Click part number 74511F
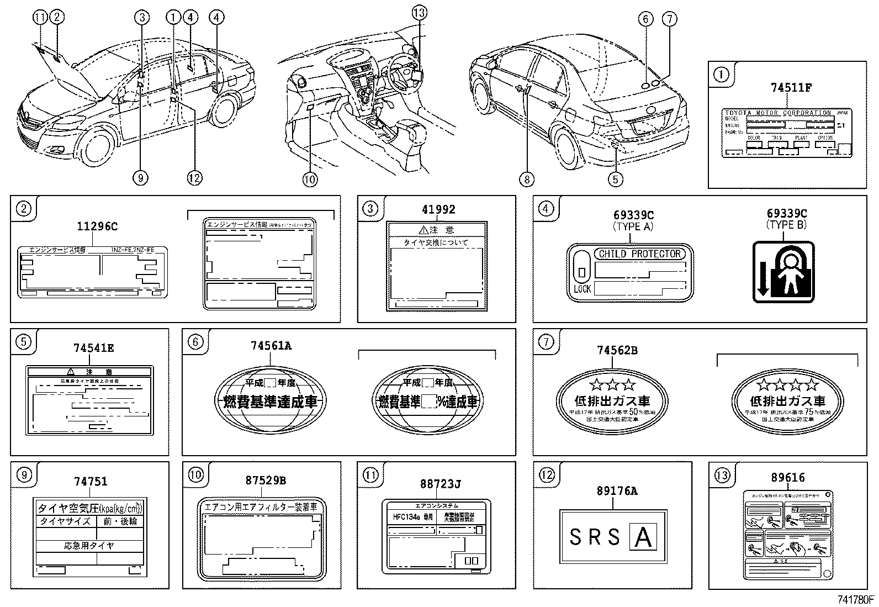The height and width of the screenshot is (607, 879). [791, 87]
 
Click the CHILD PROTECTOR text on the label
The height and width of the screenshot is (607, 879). [639, 254]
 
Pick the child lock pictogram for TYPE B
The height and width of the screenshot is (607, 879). [783, 272]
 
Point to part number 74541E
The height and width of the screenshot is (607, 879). [94, 348]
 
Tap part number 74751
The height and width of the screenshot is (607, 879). [91, 481]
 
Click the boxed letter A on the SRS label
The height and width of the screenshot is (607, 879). [643, 537]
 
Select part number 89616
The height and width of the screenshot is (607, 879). [788, 478]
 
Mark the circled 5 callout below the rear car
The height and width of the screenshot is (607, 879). [616, 178]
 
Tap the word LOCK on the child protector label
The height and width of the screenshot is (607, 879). [582, 288]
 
